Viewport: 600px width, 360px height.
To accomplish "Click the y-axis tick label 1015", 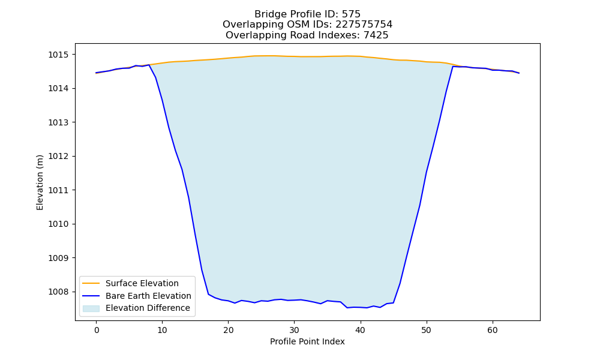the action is [x=59, y=55].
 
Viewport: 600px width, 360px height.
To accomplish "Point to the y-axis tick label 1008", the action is [x=59, y=292].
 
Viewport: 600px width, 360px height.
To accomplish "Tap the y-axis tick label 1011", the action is [x=59, y=190].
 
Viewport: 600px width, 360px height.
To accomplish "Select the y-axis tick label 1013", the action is [x=59, y=122].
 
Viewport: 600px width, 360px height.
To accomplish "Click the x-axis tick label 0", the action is [x=97, y=330].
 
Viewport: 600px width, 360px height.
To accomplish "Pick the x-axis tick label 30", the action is [x=294, y=330].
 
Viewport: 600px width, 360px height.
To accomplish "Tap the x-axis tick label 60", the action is [x=493, y=330].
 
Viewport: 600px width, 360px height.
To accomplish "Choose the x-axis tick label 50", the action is [x=426, y=330].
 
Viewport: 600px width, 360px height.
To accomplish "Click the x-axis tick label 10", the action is [x=162, y=330].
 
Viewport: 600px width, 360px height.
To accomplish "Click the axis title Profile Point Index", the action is [x=307, y=341].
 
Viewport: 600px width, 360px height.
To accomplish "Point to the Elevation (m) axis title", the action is [x=40, y=182].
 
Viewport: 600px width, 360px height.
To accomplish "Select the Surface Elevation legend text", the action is [x=142, y=283].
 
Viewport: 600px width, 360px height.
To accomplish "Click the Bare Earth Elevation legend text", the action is [x=148, y=296].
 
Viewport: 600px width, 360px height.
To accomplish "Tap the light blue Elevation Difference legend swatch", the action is [x=91, y=308].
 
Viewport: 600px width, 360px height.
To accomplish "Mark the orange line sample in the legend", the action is [x=91, y=283].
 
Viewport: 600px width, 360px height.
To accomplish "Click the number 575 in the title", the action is [x=351, y=14].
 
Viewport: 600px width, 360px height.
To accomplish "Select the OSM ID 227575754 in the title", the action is [x=364, y=25].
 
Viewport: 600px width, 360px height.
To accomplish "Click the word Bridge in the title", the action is [x=266, y=14].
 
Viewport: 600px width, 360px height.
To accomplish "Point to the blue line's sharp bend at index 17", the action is [x=209, y=294].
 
